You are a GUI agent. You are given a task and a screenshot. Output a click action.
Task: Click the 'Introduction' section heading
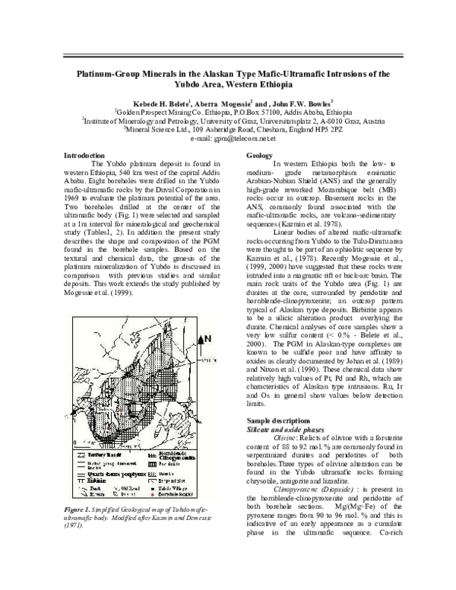click(84, 156)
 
